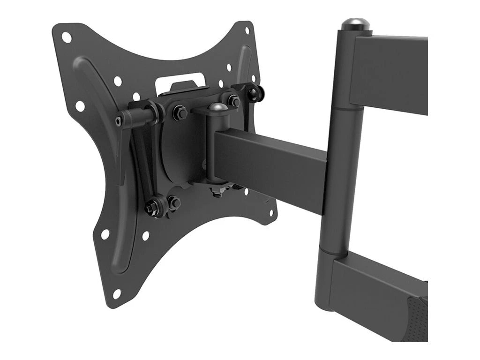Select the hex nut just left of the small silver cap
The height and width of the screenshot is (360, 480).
[x=180, y=112]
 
